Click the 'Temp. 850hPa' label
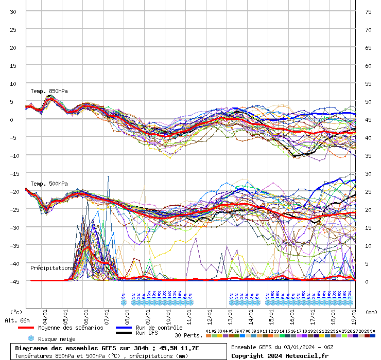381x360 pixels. pyautogui.click(x=49, y=91)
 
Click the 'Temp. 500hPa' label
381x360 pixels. pyautogui.click(x=49, y=184)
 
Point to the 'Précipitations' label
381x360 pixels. pyautogui.click(x=52, y=268)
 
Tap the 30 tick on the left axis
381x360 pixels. pyautogui.click(x=13, y=11)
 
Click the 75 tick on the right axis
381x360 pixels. pyautogui.click(x=368, y=11)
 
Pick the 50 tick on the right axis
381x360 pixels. pyautogui.click(x=368, y=101)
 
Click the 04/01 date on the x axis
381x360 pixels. pyautogui.click(x=45, y=313)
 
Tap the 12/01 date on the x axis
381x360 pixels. pyautogui.click(x=210, y=313)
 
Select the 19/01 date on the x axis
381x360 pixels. pyautogui.click(x=354, y=313)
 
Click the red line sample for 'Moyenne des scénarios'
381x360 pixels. pyautogui.click(x=26, y=328)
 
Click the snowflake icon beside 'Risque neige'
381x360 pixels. pyautogui.click(x=30, y=338)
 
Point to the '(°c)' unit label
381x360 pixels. pyautogui.click(x=16, y=312)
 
